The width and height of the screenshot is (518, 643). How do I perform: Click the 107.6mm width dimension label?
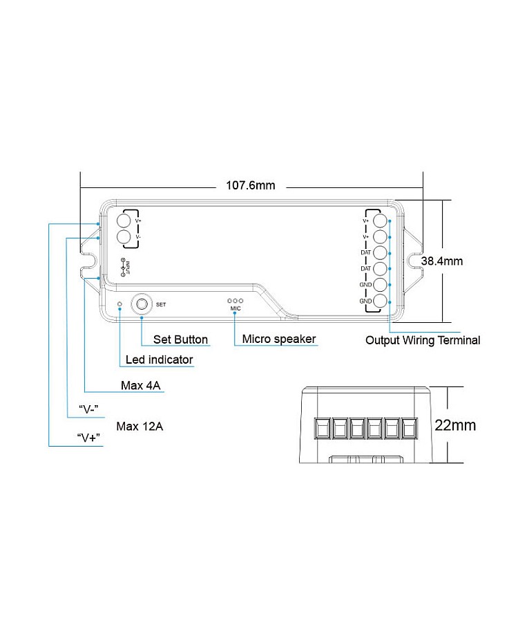251,185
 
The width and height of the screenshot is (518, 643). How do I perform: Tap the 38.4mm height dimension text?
442,261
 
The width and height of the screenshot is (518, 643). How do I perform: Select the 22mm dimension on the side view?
455,425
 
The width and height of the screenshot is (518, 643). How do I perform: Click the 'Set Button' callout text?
180,339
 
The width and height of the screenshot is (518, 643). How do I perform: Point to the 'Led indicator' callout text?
159,360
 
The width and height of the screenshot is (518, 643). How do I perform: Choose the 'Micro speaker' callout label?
278,339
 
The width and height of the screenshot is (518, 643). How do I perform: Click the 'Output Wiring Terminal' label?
422,340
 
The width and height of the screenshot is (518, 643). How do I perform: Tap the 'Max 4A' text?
142,386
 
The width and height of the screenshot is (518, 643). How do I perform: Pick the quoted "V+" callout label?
86,439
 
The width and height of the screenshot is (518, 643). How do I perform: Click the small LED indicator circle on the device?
120,304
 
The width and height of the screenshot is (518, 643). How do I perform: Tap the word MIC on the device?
236,308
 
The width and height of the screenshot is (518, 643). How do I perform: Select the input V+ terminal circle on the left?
124,221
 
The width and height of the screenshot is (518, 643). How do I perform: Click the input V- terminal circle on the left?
124,238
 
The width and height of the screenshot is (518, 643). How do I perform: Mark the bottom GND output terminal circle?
381,301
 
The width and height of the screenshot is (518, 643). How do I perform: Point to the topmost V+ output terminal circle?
381,221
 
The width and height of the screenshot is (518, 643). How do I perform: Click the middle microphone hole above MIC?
236,301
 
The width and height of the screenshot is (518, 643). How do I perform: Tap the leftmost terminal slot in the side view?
322,429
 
